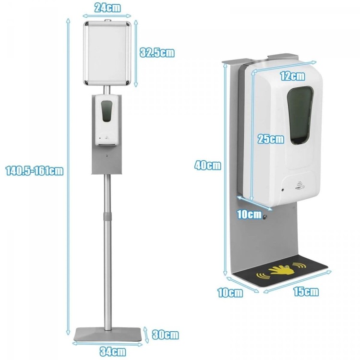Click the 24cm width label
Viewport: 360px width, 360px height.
[108, 8]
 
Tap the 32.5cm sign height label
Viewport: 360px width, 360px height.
[157, 53]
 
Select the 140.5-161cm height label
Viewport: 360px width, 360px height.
[35, 170]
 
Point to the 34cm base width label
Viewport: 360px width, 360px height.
[113, 351]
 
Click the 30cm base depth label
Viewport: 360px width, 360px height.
[165, 335]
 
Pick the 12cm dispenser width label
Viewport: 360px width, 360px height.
[292, 76]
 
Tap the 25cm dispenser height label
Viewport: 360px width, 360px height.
[271, 139]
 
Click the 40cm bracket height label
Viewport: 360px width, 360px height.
[207, 165]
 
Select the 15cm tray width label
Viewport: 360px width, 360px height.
[306, 291]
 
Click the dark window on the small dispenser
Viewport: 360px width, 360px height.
[107, 111]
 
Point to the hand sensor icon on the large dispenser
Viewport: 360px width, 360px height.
[300, 185]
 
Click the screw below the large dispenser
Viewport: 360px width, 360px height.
[264, 216]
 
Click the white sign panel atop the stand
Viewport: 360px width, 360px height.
[107, 53]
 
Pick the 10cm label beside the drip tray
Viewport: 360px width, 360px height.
[230, 293]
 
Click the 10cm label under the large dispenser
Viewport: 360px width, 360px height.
[249, 215]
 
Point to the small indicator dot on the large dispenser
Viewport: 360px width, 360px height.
[283, 190]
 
